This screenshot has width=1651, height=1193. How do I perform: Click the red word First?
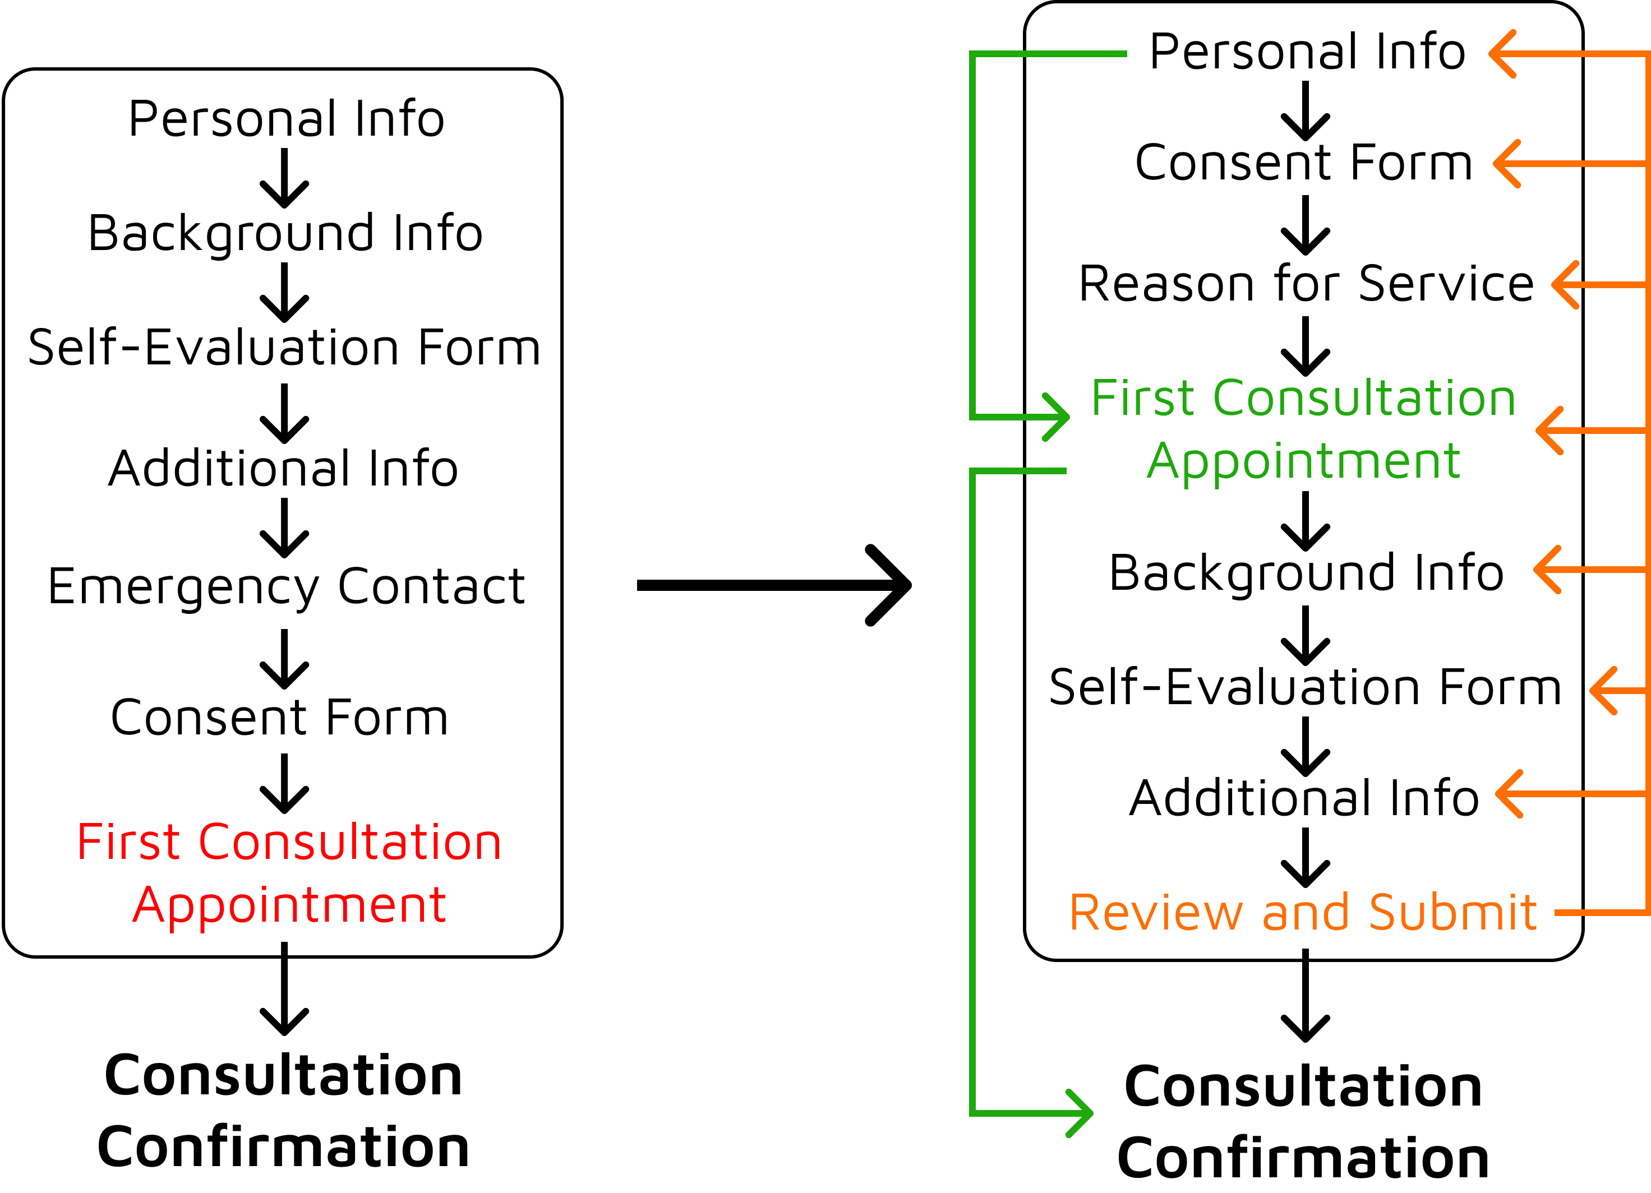128,843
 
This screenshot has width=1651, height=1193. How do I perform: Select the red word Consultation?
349,843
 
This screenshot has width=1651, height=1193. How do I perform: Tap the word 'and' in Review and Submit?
1305,913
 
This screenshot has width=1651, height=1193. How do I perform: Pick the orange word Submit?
1453,913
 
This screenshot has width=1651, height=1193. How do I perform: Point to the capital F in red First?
87,843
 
